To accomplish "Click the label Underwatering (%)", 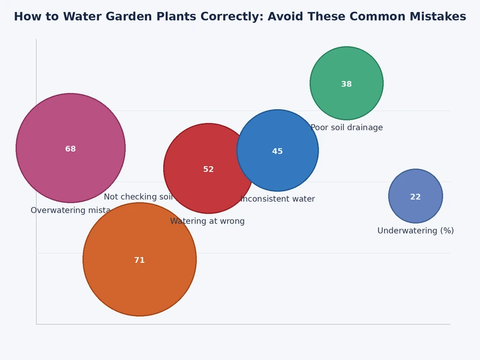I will pos(415,231).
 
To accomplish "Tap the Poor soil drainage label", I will pos(347,128).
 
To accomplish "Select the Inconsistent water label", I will pos(278,199).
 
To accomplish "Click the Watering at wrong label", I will pos(207,221).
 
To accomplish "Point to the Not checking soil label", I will pos(138,197).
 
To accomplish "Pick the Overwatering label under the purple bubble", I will pos(70,211).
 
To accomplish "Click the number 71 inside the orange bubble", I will pos(139,260).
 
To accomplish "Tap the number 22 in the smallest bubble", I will pos(415,197).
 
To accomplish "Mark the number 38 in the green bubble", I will pos(346,84).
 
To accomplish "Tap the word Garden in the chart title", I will pos(114,17).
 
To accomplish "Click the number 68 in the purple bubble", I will pos(70,149).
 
